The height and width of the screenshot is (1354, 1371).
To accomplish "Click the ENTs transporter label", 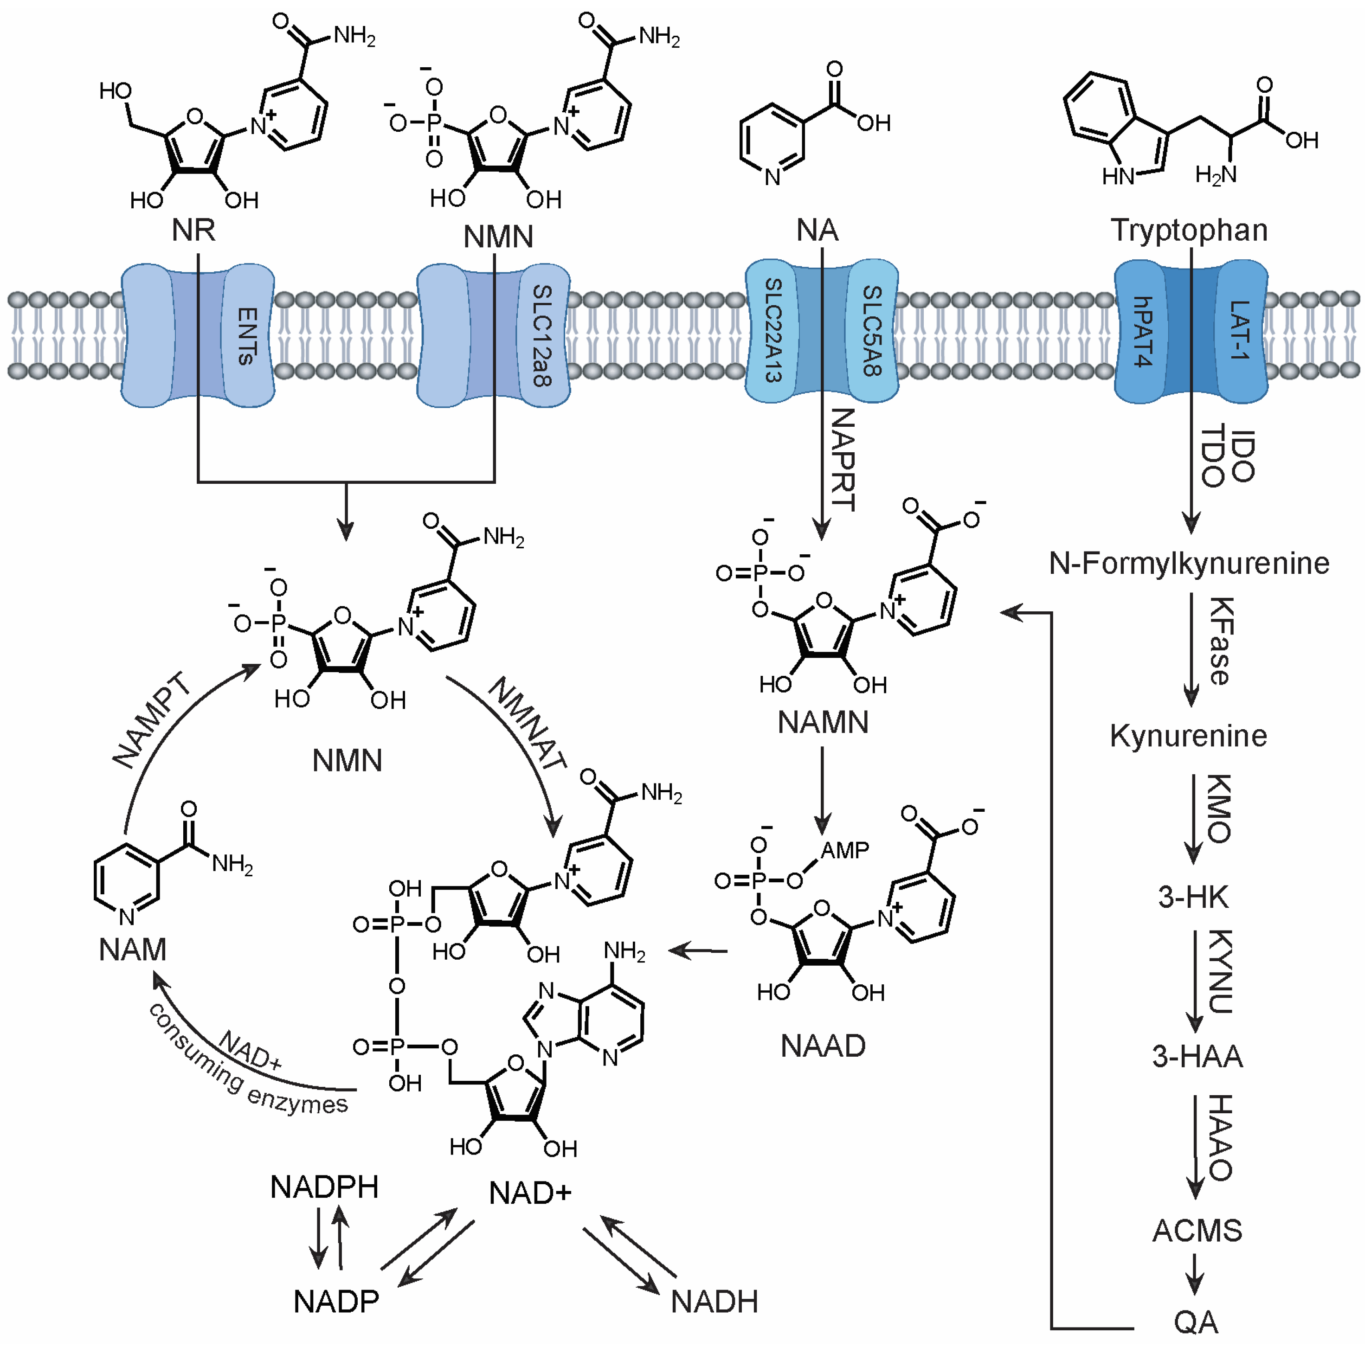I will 246,336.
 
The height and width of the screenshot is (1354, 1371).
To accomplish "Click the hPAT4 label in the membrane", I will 1142,331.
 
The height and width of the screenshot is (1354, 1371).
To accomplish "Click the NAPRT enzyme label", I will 843,459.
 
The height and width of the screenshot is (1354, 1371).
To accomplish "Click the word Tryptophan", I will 1189,230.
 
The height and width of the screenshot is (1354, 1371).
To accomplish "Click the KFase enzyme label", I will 1221,641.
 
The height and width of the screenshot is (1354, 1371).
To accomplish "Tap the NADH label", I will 714,1302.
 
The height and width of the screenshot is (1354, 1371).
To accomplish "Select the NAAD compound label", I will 823,1046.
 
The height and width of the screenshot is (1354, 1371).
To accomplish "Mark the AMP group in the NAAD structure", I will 844,850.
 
